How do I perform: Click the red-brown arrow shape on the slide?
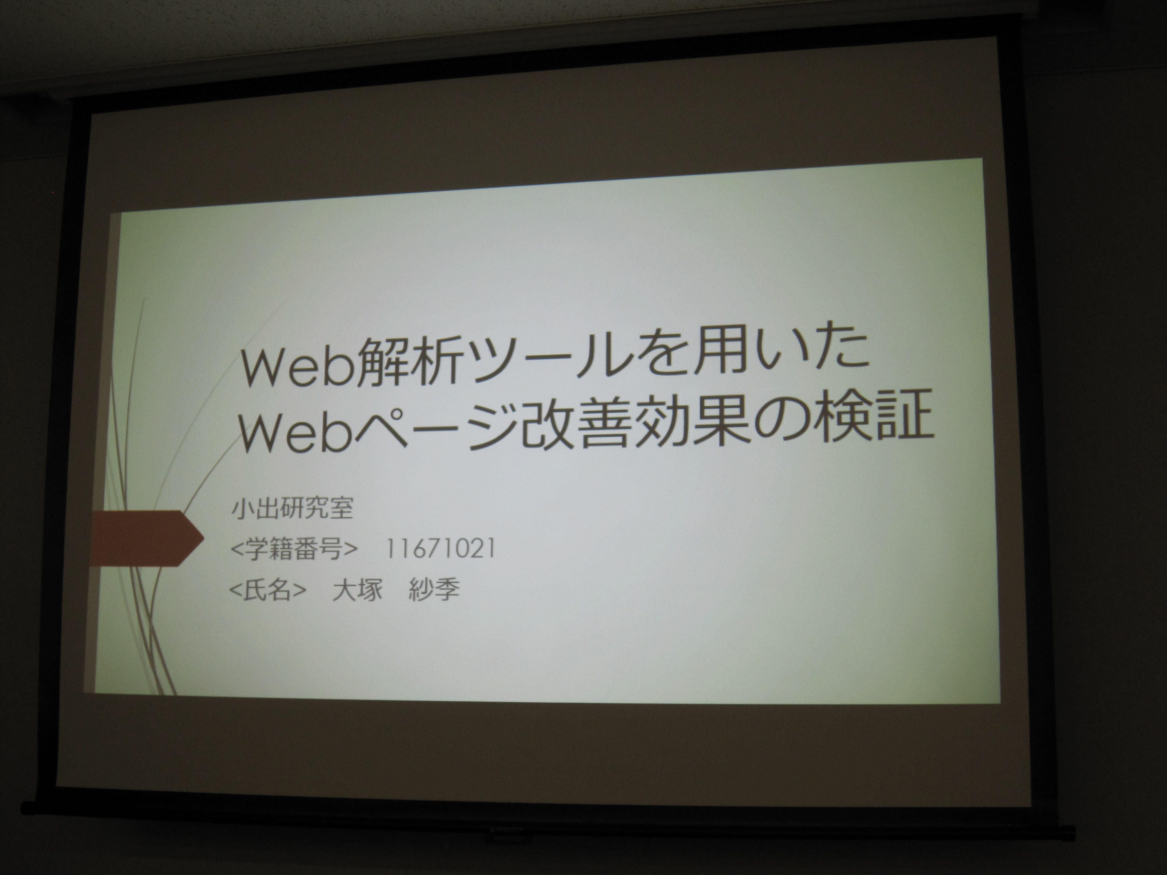[x=145, y=538]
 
